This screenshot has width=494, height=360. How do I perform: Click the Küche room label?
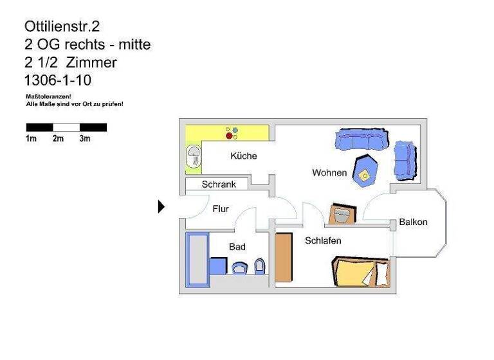coord(244,156)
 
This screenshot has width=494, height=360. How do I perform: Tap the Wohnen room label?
coord(329,173)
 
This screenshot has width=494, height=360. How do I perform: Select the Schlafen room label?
coord(323,241)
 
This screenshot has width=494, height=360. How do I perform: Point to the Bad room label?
coord(237,247)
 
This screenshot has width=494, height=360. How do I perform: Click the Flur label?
coord(221,209)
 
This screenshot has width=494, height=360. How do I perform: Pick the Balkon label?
coord(413,222)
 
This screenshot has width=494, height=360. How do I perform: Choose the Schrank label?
coord(219,184)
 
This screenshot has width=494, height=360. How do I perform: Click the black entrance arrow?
coord(161,206)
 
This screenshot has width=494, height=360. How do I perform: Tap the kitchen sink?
coord(193,157)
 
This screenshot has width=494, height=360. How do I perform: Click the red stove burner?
coord(229,136)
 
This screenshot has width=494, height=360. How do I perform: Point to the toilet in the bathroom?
coord(259,266)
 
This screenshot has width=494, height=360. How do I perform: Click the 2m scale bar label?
coord(58,139)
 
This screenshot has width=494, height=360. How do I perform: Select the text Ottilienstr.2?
coord(62,26)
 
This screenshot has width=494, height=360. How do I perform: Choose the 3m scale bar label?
coord(85,139)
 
